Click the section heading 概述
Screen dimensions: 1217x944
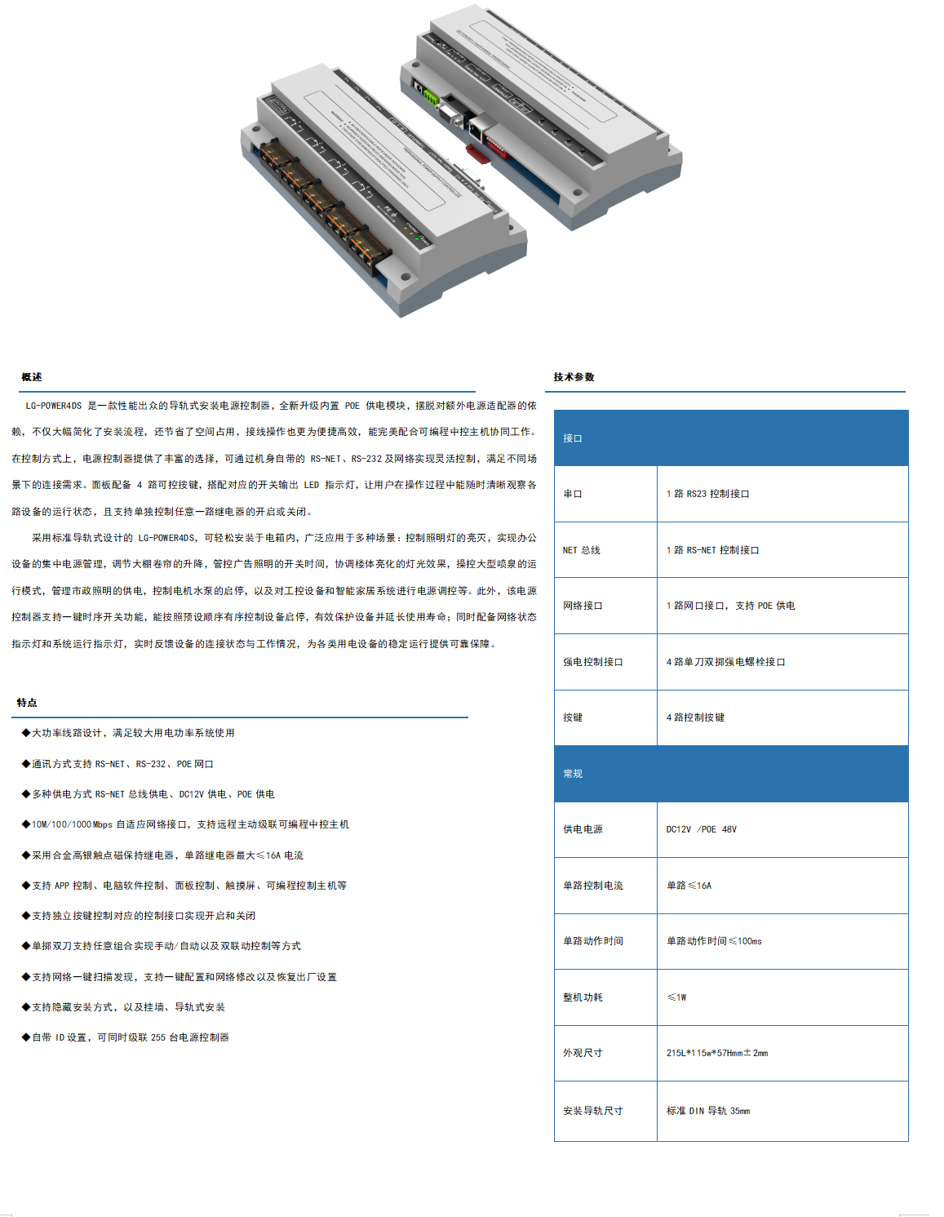[32, 377]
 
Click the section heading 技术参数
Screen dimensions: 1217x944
[574, 377]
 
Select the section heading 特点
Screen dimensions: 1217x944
[27, 703]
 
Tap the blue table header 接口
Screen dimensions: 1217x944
[573, 438]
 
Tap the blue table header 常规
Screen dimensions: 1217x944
[573, 774]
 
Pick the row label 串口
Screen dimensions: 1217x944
[573, 494]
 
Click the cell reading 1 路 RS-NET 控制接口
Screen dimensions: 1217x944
[712, 550]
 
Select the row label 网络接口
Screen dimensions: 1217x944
[583, 606]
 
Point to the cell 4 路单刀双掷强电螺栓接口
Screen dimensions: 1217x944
[725, 662]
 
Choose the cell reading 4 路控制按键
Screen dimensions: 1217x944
[695, 717]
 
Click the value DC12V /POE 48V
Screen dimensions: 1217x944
[701, 829]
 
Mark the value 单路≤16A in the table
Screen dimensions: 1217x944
[689, 886]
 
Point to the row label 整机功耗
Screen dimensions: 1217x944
[583, 997]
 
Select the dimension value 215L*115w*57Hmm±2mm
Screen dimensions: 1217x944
[716, 1053]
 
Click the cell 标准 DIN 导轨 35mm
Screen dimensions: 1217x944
[707, 1111]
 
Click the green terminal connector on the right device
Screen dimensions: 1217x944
[428, 97]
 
